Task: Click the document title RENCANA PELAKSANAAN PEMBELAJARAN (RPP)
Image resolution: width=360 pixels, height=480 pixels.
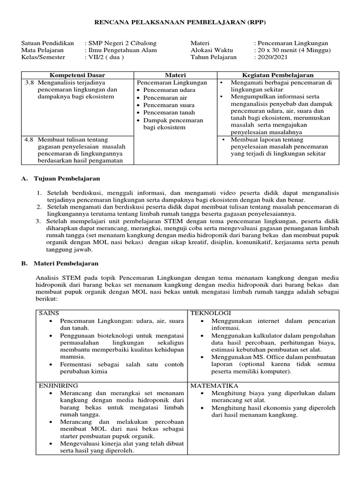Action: tap(180, 22)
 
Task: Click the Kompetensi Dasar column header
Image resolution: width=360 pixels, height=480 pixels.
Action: tap(77, 75)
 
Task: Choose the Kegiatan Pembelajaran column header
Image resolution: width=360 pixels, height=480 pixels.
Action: tap(277, 75)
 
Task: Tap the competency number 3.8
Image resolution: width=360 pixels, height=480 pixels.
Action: tap(30, 82)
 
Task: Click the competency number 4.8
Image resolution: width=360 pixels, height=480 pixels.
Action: tap(30, 140)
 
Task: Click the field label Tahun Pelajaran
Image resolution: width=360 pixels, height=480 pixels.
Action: tap(213, 57)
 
